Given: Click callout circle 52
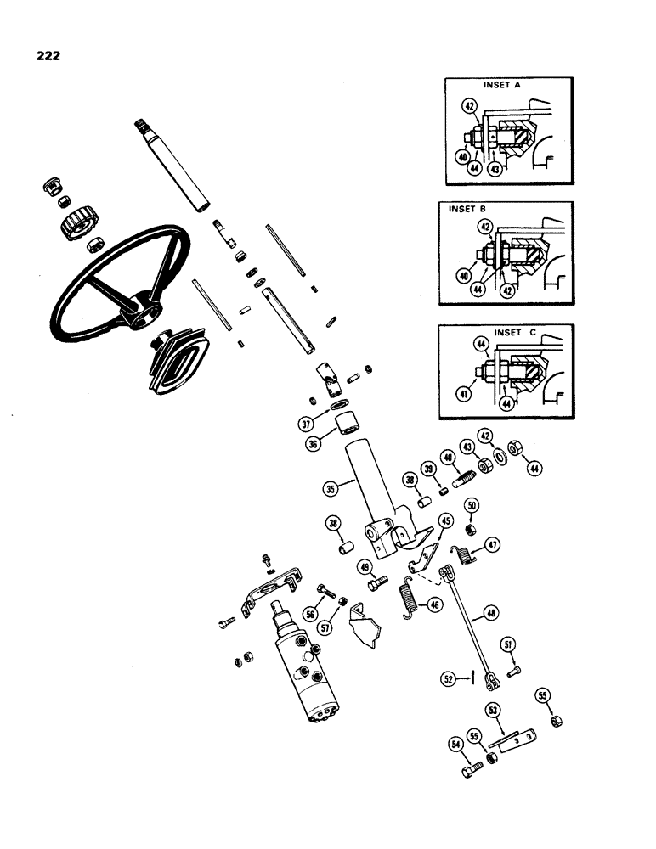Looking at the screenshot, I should [x=448, y=678].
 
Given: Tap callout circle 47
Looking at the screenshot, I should [x=492, y=546].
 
